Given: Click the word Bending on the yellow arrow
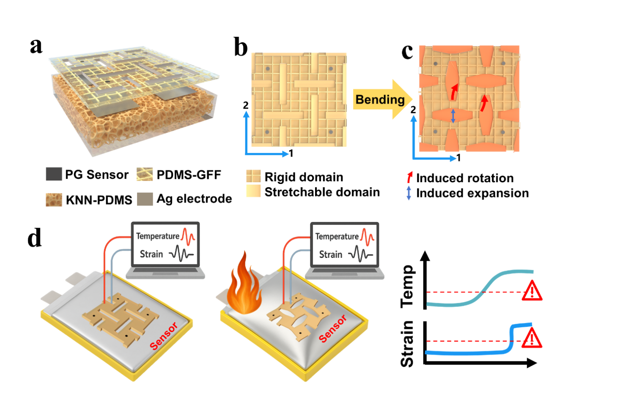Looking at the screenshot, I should pyautogui.click(x=380, y=99).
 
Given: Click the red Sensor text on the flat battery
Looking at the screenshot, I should pyautogui.click(x=164, y=336).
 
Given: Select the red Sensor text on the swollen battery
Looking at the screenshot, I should pyautogui.click(x=332, y=328).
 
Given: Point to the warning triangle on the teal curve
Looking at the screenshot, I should pyautogui.click(x=532, y=291).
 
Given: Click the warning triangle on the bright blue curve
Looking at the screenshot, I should pyautogui.click(x=532, y=339).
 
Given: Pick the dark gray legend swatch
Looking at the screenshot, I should pyautogui.click(x=54, y=174).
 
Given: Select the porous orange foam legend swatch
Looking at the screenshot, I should pyautogui.click(x=54, y=200).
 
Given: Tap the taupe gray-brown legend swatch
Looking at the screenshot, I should pyautogui.click(x=145, y=199).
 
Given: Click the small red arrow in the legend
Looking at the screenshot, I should pyautogui.click(x=409, y=177).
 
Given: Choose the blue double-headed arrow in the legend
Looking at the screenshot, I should pyautogui.click(x=409, y=193).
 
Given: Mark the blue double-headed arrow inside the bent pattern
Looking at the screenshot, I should pyautogui.click(x=453, y=116).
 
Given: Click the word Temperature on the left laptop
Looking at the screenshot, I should pyautogui.click(x=157, y=236).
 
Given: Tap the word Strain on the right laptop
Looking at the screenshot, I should pyautogui.click(x=330, y=254).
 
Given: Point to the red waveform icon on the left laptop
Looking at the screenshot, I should pyautogui.click(x=188, y=236).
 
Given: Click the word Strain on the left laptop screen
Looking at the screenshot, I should pyautogui.click(x=151, y=254).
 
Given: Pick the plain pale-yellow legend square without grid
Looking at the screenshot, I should pyautogui.click(x=253, y=191).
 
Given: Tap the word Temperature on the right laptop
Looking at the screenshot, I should pyautogui.click(x=337, y=237).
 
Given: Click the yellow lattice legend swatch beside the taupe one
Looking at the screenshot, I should pyautogui.click(x=145, y=174).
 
